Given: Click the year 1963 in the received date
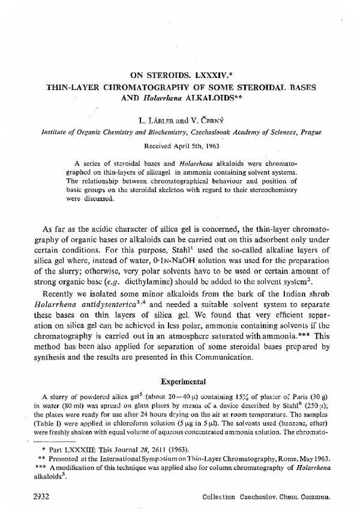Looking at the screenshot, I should tap(205, 146).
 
